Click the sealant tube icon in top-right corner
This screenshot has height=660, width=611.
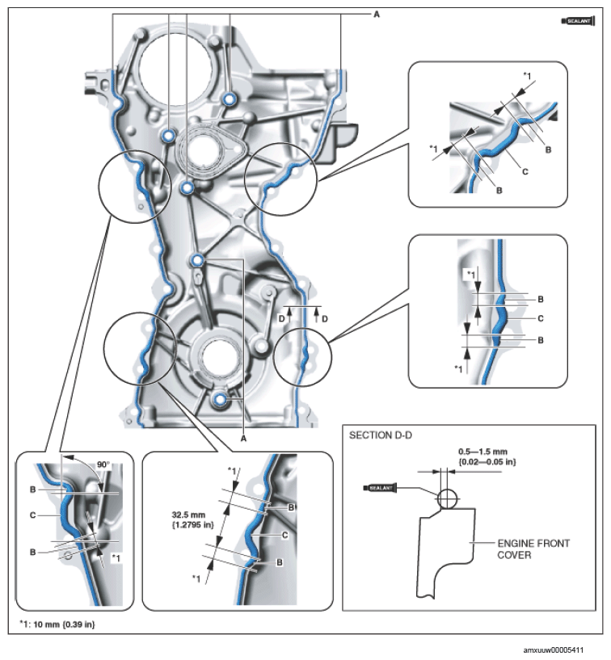[x=578, y=21]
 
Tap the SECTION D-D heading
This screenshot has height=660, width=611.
[x=380, y=435]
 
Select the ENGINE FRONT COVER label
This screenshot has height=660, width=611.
[x=533, y=549]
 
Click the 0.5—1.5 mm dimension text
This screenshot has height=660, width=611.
[x=483, y=452]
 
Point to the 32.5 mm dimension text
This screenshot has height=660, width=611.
[x=188, y=515]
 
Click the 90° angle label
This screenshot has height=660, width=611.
[x=103, y=465]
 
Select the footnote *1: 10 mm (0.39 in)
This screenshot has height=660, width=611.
[x=57, y=624]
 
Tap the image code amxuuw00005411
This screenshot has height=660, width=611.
[x=554, y=650]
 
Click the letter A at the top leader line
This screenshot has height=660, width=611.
[x=377, y=15]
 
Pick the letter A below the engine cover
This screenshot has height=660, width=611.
[x=243, y=439]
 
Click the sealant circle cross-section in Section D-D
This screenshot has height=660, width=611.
[x=447, y=499]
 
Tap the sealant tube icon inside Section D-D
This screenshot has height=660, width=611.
[x=379, y=488]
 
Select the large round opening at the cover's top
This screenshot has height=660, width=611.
[x=175, y=66]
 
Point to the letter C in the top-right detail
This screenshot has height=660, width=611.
[x=525, y=172]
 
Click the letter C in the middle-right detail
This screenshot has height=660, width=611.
[x=541, y=318]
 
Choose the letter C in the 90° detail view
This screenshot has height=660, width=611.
[x=32, y=515]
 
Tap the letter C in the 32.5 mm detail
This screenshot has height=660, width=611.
[x=285, y=536]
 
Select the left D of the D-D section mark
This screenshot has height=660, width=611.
[x=281, y=319]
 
